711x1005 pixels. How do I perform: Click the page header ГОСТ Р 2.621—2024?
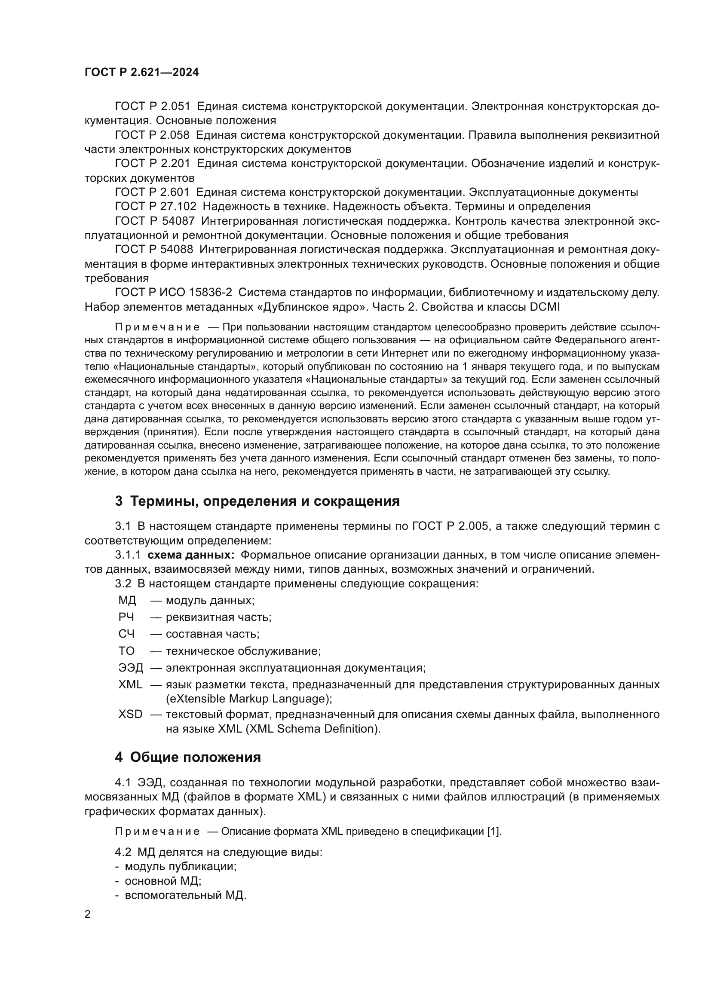pyautogui.click(x=141, y=73)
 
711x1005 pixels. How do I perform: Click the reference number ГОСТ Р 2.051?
pyautogui.click(x=152, y=107)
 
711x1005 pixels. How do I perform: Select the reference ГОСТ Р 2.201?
pyautogui.click(x=152, y=164)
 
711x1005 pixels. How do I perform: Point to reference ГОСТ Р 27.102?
pyautogui.click(x=156, y=206)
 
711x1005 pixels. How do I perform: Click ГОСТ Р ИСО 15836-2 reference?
pyautogui.click(x=173, y=293)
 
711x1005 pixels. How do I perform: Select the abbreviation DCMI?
pyautogui.click(x=544, y=307)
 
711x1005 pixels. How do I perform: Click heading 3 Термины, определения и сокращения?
pyautogui.click(x=257, y=501)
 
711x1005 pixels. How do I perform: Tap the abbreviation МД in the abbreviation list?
pyautogui.click(x=127, y=601)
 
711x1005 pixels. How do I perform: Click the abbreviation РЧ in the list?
pyautogui.click(x=126, y=617)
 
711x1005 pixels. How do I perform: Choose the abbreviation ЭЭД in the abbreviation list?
pyautogui.click(x=131, y=668)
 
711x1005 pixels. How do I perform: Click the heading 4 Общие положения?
pyautogui.click(x=188, y=757)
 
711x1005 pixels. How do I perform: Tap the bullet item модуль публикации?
pyautogui.click(x=181, y=866)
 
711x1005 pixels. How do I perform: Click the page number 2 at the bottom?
pyautogui.click(x=88, y=914)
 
